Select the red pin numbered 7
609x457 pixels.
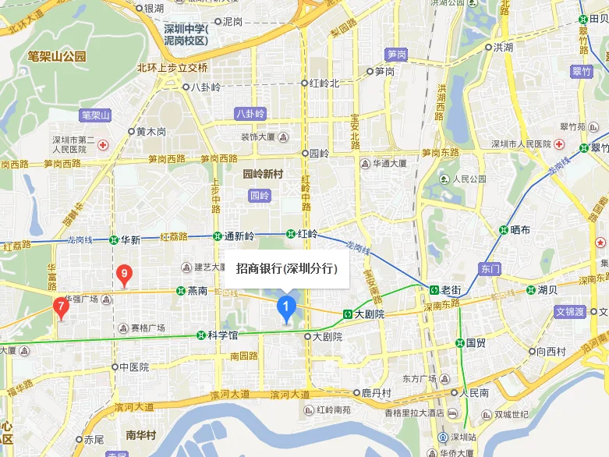tap(61, 306)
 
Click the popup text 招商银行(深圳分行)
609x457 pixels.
tap(286, 268)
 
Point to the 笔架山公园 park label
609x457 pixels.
tap(56, 56)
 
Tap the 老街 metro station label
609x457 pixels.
tap(451, 290)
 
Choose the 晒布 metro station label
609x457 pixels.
tap(520, 230)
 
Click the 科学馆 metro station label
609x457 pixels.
tap(222, 335)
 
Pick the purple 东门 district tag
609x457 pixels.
tap(490, 269)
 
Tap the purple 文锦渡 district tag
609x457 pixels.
tap(569, 311)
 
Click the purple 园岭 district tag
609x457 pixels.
tap(259, 195)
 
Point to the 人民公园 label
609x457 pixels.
tap(473, 179)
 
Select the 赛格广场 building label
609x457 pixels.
tap(148, 328)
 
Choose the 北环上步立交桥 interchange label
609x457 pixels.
tap(172, 67)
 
